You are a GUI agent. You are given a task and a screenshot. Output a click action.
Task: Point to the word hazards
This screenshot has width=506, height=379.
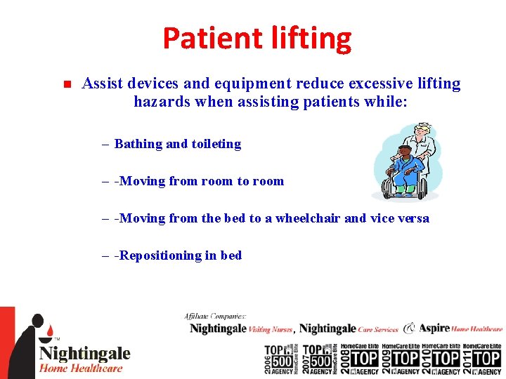pyautogui.click(x=160, y=102)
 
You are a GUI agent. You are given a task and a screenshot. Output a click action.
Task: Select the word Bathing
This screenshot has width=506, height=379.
pyautogui.click(x=138, y=144)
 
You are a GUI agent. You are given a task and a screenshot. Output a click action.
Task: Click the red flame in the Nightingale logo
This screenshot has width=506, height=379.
pyautogui.click(x=50, y=328)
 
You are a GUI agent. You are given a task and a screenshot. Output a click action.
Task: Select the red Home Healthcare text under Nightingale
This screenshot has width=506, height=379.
pyautogui.click(x=81, y=368)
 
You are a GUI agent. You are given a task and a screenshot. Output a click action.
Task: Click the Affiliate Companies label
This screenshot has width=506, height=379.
pyautogui.click(x=215, y=317)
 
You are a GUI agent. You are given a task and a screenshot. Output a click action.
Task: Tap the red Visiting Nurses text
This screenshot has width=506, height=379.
pyautogui.click(x=271, y=328)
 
